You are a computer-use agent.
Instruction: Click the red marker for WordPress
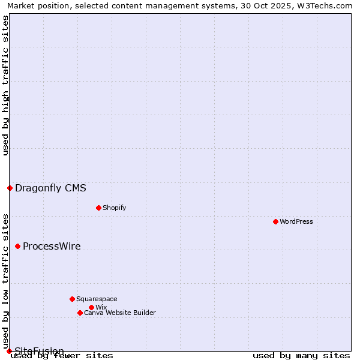tap(275, 221)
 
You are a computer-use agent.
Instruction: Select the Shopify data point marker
tap(98, 208)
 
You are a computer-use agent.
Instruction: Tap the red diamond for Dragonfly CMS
tap(10, 188)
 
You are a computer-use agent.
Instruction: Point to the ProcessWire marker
tap(17, 246)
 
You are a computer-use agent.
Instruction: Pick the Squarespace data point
tap(72, 299)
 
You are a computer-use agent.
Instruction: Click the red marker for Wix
tap(91, 307)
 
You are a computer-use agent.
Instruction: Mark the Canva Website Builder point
tap(80, 313)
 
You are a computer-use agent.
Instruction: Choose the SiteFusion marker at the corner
tap(9, 351)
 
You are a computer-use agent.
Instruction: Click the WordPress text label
tap(296, 221)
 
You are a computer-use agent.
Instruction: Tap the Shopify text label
tap(114, 208)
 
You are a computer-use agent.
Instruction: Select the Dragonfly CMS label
tap(50, 188)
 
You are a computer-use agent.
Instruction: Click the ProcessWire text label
tap(52, 246)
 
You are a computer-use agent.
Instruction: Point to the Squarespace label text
tap(97, 299)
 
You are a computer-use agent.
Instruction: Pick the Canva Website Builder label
tap(120, 313)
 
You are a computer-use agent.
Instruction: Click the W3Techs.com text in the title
tap(326, 5)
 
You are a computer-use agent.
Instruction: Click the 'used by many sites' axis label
tap(301, 355)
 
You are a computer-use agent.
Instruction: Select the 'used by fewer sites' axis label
tap(62, 355)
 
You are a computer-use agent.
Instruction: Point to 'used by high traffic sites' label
tap(5, 85)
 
